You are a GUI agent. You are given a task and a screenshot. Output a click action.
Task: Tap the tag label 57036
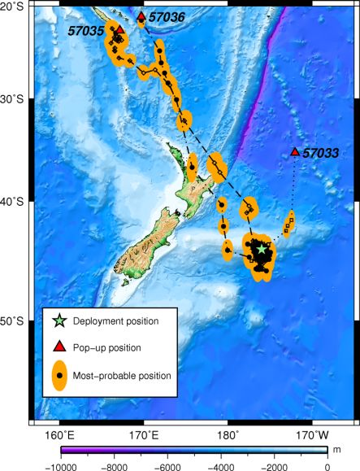(x=167, y=16)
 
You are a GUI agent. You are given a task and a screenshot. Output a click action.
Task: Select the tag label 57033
(x=321, y=152)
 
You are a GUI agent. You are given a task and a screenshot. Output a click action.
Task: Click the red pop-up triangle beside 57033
(x=295, y=152)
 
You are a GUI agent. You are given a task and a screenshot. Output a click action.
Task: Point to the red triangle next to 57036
(x=141, y=16)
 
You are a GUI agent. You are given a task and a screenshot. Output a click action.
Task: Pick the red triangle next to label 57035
(x=119, y=29)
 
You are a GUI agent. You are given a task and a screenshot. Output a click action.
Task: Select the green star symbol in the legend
(x=58, y=321)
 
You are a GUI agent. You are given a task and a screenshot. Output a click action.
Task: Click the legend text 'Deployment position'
(x=115, y=321)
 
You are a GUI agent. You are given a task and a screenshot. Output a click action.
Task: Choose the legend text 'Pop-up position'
(x=107, y=347)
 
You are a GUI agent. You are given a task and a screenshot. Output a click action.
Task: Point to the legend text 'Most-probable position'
(x=122, y=376)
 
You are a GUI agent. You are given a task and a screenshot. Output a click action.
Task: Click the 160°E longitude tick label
(x=61, y=433)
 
